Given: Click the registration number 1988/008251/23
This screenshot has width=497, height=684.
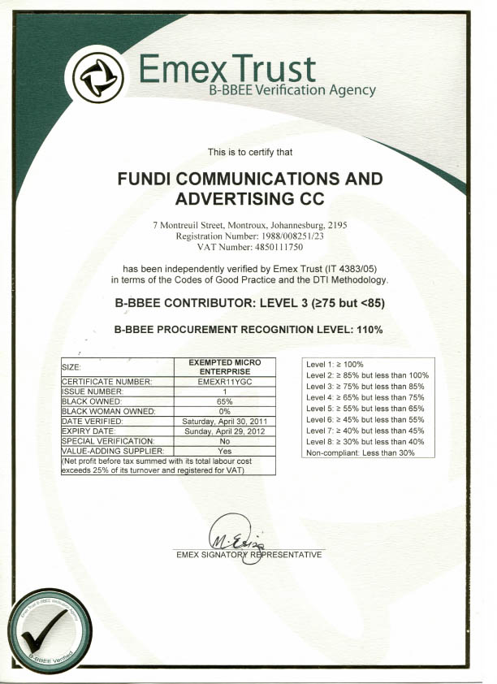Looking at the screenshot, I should (x=274, y=235).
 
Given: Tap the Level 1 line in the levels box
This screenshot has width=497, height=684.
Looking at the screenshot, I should (x=335, y=365).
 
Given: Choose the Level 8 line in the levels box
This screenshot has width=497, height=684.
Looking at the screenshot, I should (x=365, y=441).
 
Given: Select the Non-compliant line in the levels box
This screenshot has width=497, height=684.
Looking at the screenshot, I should (x=360, y=452).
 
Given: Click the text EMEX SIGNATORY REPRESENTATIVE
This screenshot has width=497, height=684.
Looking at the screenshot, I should (x=248, y=555).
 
